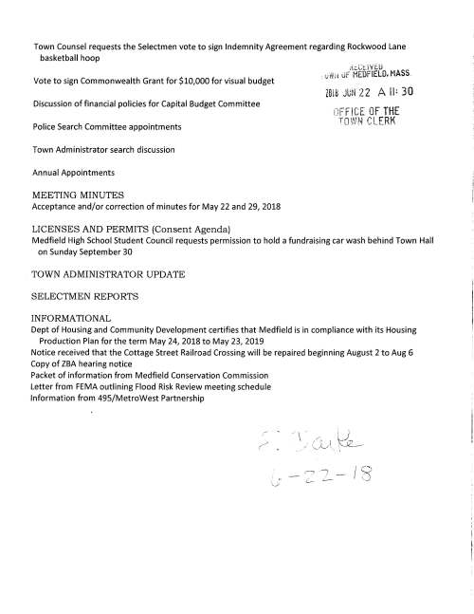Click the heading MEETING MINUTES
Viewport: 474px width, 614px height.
tap(79, 194)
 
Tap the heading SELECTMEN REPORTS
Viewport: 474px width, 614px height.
tap(85, 297)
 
